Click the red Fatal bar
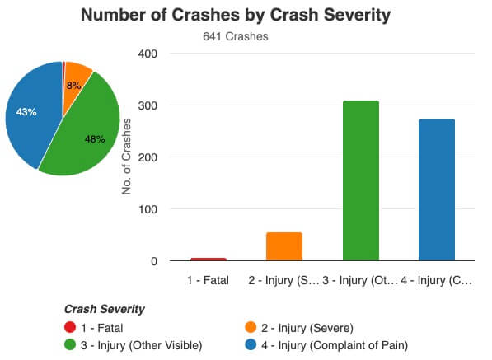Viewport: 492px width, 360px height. click(209, 259)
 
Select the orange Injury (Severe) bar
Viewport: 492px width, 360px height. click(284, 246)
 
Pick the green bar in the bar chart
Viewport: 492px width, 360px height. click(361, 180)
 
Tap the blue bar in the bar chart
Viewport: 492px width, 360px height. click(437, 189)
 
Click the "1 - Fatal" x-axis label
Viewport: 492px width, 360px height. click(209, 280)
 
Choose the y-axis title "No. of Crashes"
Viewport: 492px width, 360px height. click(127, 157)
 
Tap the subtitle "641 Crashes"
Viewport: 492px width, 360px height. click(236, 36)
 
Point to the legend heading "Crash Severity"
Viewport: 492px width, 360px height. click(105, 309)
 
